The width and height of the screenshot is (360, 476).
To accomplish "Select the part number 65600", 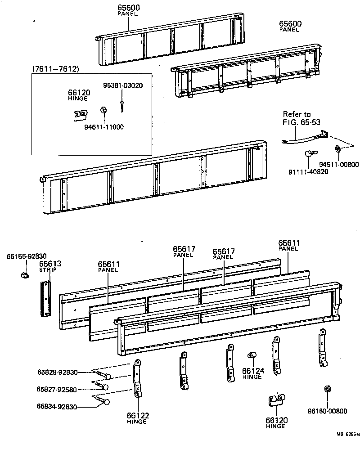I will pyautogui.click(x=290, y=24).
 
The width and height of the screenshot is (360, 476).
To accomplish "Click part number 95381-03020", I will pyautogui.click(x=123, y=85).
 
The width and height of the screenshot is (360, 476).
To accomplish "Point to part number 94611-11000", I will pyautogui.click(x=104, y=127).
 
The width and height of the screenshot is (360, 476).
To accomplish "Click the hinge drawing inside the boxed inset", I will pyautogui.click(x=80, y=116).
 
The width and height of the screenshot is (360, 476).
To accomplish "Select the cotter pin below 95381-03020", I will pyautogui.click(x=122, y=105).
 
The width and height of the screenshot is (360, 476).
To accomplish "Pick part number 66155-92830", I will pyautogui.click(x=26, y=256).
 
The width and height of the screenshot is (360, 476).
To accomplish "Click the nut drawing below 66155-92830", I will pyautogui.click(x=25, y=274).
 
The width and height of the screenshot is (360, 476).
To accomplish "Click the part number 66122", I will pyautogui.click(x=138, y=416).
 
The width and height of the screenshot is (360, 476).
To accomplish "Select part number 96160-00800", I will pyautogui.click(x=327, y=411).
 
